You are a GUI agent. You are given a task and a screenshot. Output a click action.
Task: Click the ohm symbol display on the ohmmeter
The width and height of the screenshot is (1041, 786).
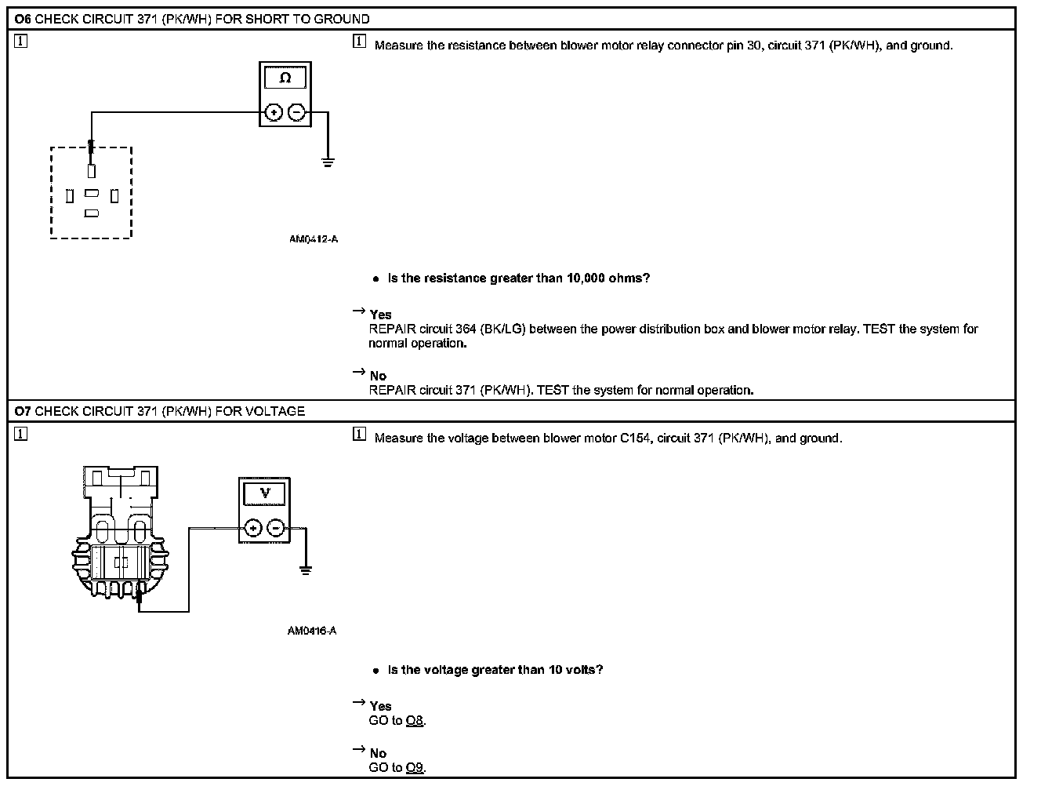click(285, 78)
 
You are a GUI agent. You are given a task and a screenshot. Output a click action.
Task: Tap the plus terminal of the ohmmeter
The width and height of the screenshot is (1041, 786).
click(273, 112)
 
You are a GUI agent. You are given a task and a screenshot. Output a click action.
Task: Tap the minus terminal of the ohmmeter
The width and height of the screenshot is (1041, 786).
click(296, 112)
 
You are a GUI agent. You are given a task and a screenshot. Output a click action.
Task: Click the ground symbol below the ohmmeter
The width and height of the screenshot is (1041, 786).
click(328, 162)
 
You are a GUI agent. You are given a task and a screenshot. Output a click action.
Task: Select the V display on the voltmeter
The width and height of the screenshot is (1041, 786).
click(265, 493)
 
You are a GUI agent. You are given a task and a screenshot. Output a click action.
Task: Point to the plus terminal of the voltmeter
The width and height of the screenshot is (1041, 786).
click(252, 528)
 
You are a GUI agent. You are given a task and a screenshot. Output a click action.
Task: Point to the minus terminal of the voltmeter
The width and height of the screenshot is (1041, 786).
click(276, 528)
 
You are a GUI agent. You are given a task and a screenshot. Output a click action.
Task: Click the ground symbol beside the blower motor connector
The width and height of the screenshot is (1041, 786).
click(306, 569)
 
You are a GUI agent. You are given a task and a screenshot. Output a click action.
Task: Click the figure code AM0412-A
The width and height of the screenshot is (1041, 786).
click(314, 239)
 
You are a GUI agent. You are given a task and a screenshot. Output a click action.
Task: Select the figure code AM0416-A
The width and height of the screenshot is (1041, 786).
click(312, 631)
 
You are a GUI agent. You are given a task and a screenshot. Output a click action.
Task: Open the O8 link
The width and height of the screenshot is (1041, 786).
click(415, 721)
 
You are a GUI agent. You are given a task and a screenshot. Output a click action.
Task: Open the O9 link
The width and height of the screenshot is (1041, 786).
click(415, 768)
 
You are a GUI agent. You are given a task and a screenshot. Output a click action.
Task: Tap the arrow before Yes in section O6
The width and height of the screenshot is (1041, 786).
click(359, 311)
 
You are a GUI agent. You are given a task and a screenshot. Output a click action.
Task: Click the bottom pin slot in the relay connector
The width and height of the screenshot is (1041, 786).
click(92, 213)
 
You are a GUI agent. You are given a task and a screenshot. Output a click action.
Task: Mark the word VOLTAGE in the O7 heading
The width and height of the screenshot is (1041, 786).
click(275, 411)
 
